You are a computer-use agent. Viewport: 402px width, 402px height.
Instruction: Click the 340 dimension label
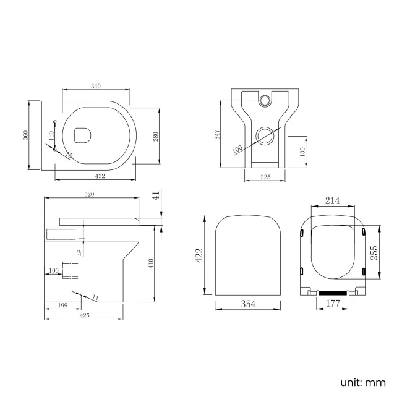pyautogui.click(x=96, y=86)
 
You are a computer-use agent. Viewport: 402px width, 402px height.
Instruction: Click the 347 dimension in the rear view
pyautogui.click(x=218, y=135)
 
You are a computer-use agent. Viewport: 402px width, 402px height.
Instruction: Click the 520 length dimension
pyautogui.click(x=89, y=194)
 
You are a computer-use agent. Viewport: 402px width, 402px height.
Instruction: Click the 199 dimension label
pyautogui.click(x=62, y=304)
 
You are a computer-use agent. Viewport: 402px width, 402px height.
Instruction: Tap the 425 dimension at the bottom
pyautogui.click(x=85, y=315)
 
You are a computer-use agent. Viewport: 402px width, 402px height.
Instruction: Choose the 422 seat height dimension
pyautogui.click(x=200, y=255)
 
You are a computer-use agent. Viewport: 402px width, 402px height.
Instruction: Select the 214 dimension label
pyautogui.click(x=333, y=201)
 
